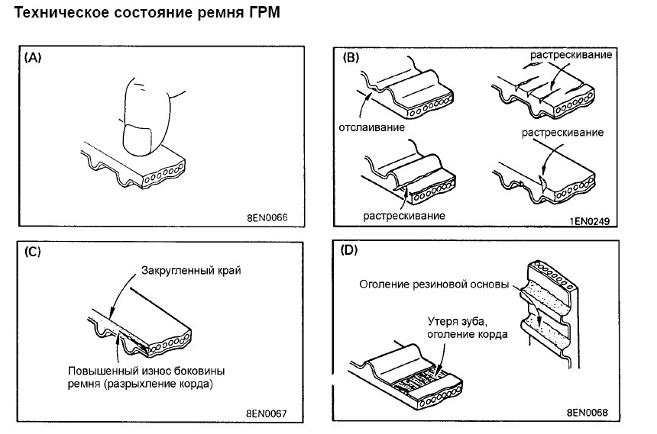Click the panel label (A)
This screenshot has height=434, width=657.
(x=34, y=57)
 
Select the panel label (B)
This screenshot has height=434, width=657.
(x=353, y=57)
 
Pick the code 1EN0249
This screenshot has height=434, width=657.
(x=594, y=220)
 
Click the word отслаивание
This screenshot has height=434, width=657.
(x=371, y=127)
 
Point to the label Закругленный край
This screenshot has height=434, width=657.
(x=186, y=270)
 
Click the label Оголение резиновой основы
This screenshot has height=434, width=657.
(x=432, y=284)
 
